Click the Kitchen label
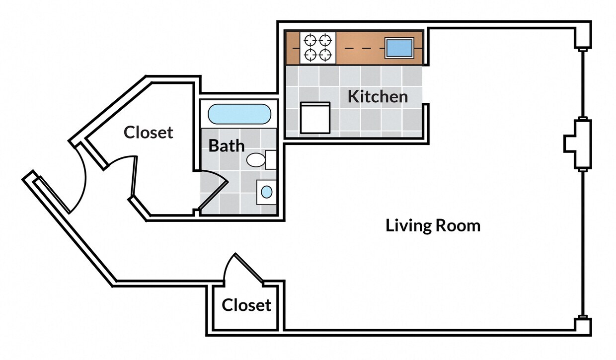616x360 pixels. point(378,96)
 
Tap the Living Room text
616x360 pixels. point(433,226)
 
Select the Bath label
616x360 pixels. point(227,146)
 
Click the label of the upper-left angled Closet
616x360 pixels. point(149,133)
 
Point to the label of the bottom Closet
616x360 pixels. point(246,305)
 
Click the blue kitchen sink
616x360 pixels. point(399,48)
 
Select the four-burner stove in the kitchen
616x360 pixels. point(318,48)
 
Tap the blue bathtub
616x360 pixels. point(239,114)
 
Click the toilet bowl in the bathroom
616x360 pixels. point(256,160)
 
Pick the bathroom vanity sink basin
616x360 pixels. point(267,192)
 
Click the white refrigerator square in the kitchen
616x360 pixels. point(315,118)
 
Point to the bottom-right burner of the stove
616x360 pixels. point(325,54)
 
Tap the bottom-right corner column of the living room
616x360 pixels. point(583,326)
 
